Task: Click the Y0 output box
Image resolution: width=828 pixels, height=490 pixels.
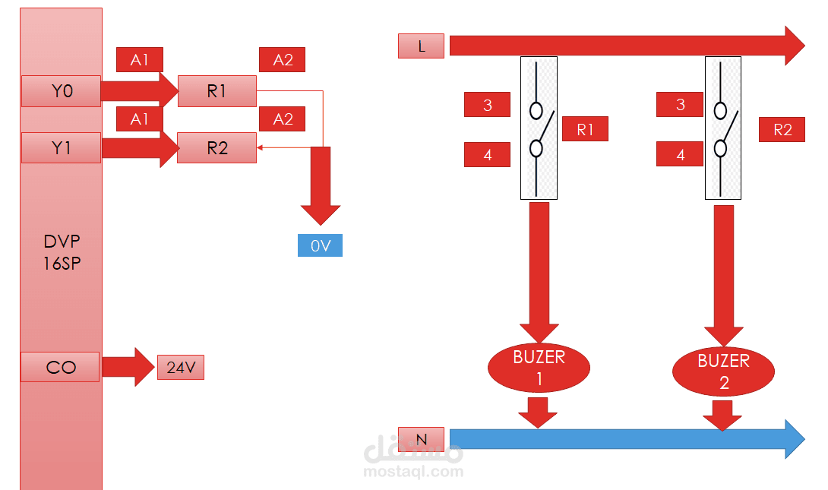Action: point(61,91)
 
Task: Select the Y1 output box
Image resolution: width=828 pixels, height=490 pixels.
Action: point(61,147)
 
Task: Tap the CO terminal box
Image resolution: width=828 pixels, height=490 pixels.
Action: point(61,367)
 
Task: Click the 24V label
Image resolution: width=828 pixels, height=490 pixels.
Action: point(181,368)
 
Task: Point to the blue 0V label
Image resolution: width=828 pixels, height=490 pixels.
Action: point(320,246)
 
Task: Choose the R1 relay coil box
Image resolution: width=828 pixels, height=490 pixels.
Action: point(217,91)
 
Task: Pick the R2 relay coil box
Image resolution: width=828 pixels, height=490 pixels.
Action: point(217,147)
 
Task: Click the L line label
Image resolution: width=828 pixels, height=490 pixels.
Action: point(421,46)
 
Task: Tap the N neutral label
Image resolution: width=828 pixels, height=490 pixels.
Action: point(421,438)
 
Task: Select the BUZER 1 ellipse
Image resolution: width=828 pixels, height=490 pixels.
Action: point(539,367)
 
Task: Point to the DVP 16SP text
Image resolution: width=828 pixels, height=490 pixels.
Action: point(61,251)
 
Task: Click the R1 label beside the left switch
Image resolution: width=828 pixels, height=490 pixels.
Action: point(585,129)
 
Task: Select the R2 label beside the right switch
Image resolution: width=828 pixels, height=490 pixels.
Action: point(782,129)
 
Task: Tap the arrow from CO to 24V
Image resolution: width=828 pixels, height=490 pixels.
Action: point(128,367)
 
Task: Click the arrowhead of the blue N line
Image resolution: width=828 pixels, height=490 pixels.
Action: point(795,439)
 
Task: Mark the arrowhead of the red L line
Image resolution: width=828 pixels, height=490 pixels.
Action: point(795,46)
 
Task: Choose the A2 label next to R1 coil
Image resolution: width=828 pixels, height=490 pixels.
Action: point(283,60)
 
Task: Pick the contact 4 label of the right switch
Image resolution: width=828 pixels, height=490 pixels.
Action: point(680,155)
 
